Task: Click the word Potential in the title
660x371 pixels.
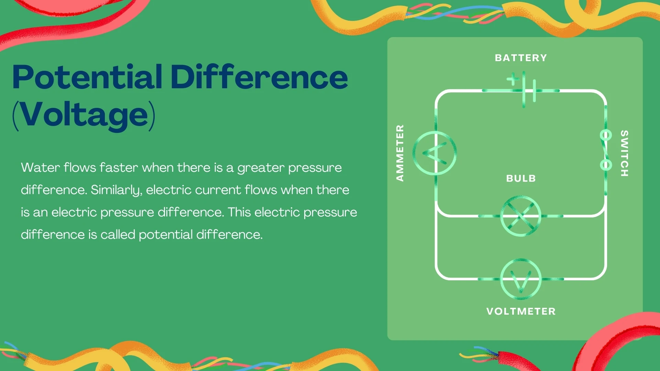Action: click(x=87, y=77)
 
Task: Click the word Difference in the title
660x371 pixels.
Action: click(x=259, y=77)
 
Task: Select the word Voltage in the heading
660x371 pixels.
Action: click(x=84, y=115)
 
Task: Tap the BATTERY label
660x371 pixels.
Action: click(x=521, y=58)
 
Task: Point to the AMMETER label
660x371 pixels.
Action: click(x=400, y=153)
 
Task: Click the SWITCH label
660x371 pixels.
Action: click(x=624, y=153)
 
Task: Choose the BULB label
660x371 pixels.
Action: click(x=521, y=178)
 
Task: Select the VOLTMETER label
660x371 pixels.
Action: click(x=521, y=311)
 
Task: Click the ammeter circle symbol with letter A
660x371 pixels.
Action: click(x=435, y=153)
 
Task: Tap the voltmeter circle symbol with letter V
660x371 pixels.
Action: click(x=521, y=279)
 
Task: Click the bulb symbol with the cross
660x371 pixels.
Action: click(x=521, y=216)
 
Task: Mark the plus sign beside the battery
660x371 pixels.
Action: click(x=513, y=79)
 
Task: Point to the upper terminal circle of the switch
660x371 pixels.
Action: click(x=606, y=135)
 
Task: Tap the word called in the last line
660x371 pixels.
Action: click(x=118, y=235)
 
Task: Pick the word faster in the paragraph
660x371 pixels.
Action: click(x=119, y=168)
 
